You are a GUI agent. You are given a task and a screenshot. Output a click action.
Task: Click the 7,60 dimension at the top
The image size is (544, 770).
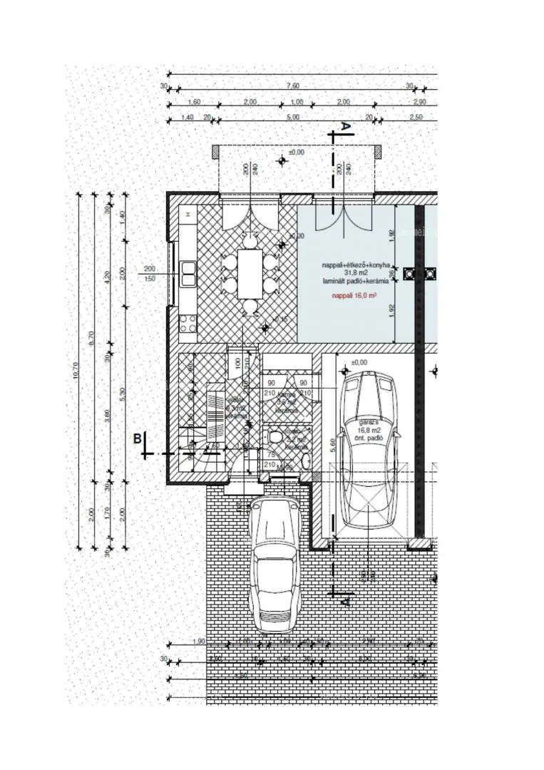click(292, 86)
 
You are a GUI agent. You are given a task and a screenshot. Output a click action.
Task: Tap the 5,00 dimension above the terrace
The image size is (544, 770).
click(292, 117)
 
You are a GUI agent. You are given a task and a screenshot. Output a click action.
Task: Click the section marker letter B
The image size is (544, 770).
click(137, 438)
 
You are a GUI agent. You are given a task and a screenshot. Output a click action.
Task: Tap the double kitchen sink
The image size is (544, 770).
click(189, 273)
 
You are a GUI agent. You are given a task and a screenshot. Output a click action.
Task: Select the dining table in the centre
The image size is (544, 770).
click(250, 274)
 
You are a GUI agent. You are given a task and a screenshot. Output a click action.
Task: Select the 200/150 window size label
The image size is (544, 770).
click(150, 274)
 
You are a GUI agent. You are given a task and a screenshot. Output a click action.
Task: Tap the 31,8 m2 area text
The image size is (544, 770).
click(355, 273)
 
